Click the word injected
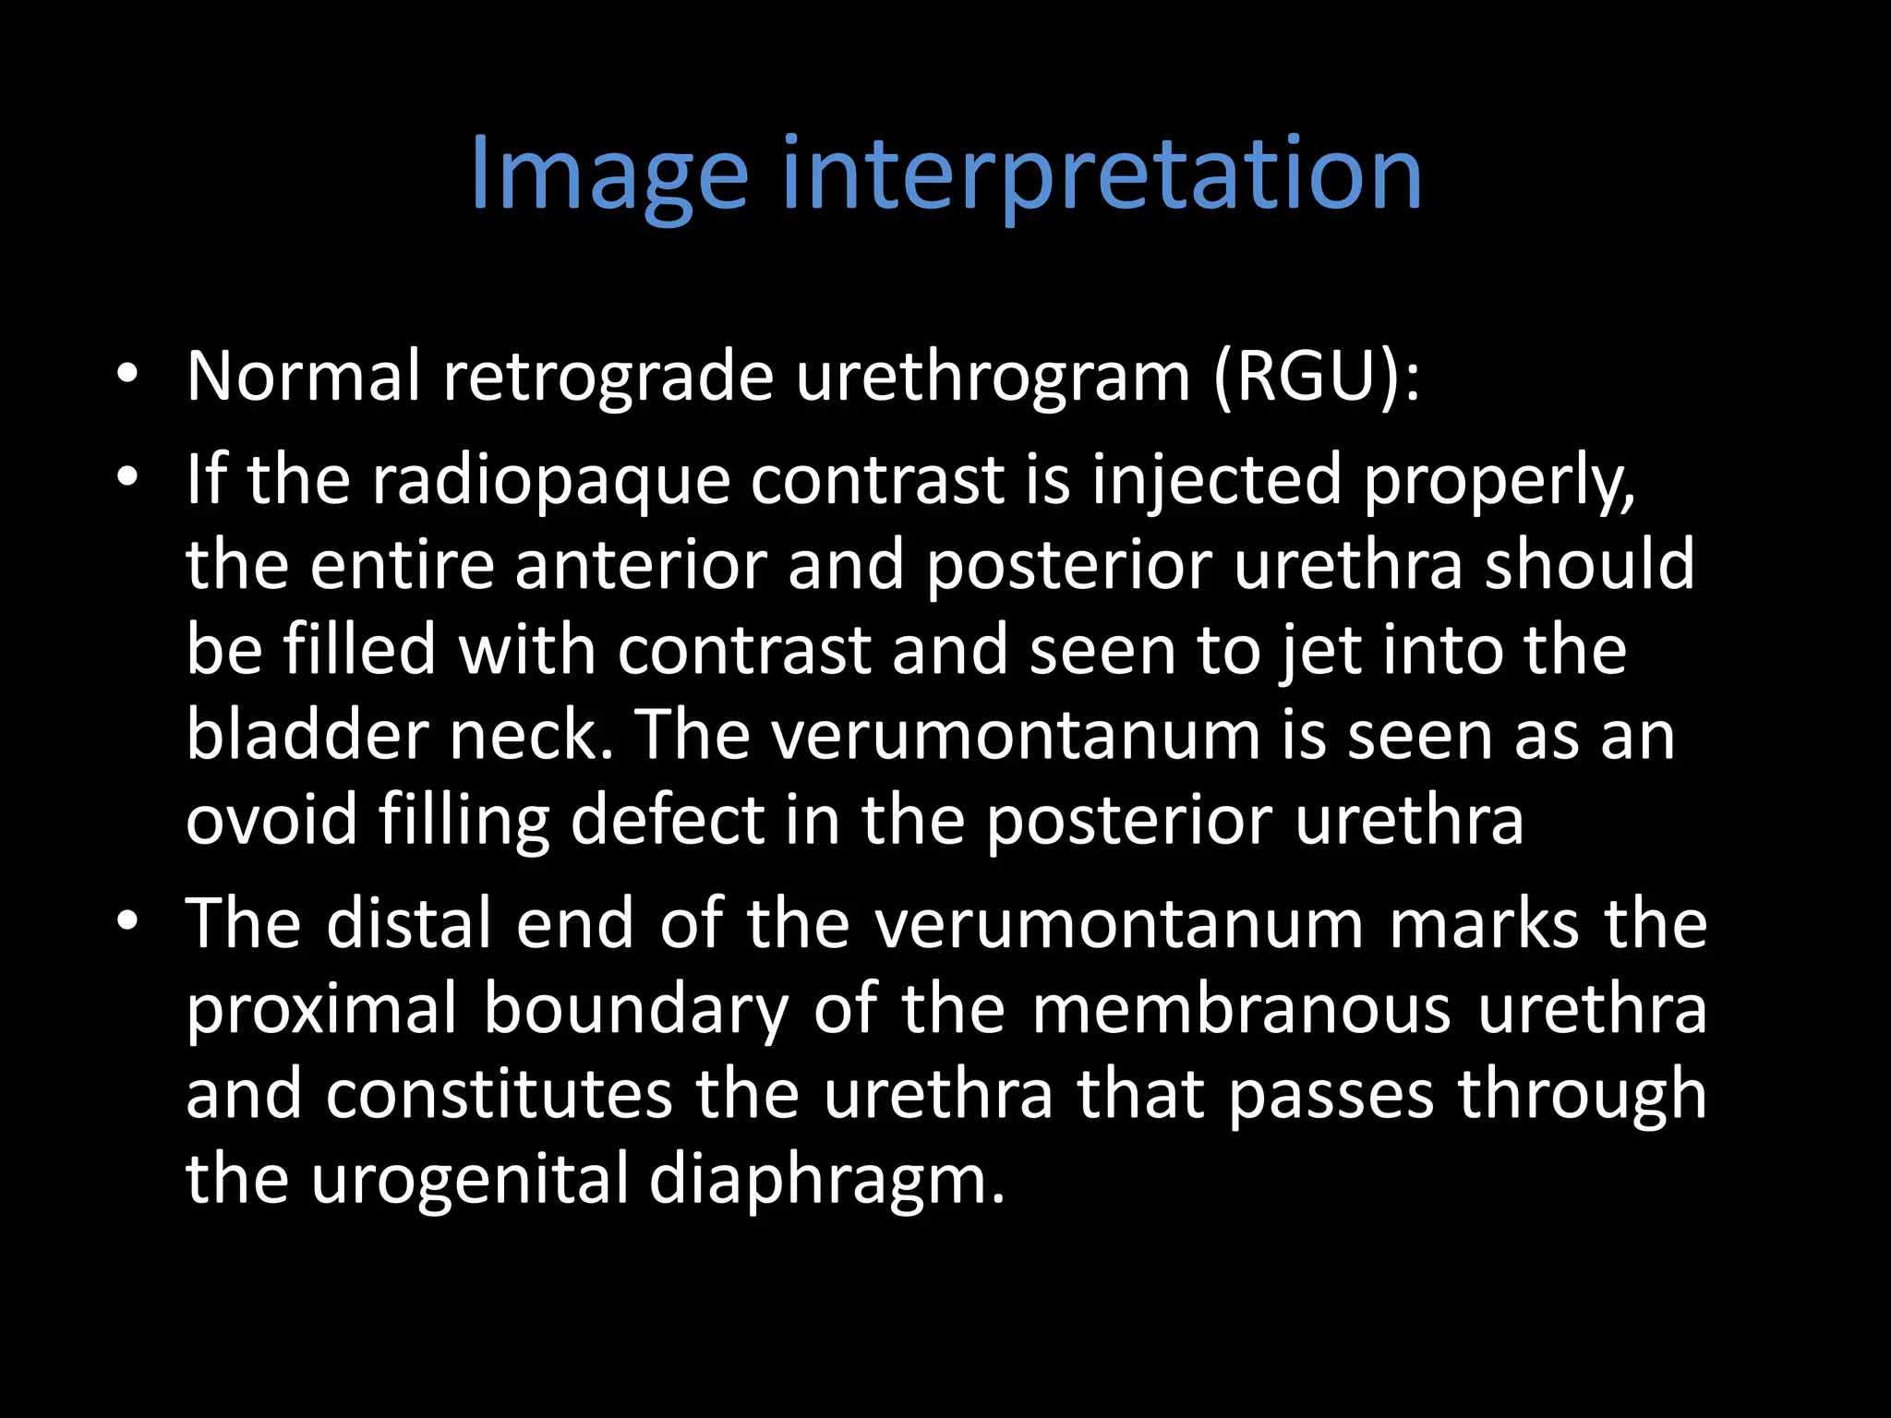click(x=1216, y=481)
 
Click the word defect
click(x=668, y=820)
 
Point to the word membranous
click(x=1241, y=1009)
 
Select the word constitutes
click(x=499, y=1095)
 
